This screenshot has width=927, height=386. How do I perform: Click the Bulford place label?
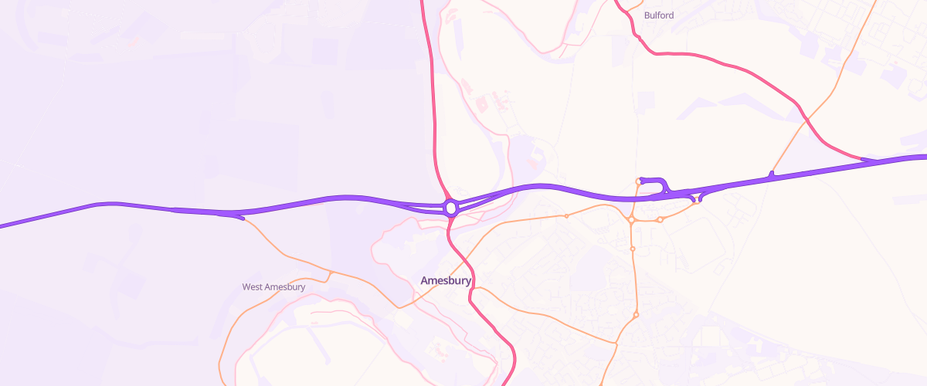coord(658,15)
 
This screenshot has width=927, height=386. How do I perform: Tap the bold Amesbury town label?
coord(446,281)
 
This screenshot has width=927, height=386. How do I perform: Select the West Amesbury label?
coord(273,287)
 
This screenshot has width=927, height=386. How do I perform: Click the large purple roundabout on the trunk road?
coord(451,208)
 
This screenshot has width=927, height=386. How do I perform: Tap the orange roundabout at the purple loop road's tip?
coord(639,181)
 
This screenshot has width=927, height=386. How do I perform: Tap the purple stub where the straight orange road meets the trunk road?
coord(771,174)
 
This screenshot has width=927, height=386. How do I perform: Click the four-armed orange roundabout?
coord(631,220)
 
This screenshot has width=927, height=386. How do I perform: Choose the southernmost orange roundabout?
coord(636,315)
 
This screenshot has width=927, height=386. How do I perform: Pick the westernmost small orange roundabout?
coord(566,216)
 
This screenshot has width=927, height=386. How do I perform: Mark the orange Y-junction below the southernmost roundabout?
coord(616,344)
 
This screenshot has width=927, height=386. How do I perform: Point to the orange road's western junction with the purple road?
coord(242,218)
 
